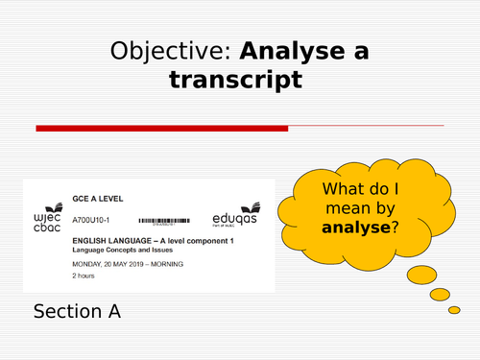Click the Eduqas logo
pyautogui.click(x=231, y=209)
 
